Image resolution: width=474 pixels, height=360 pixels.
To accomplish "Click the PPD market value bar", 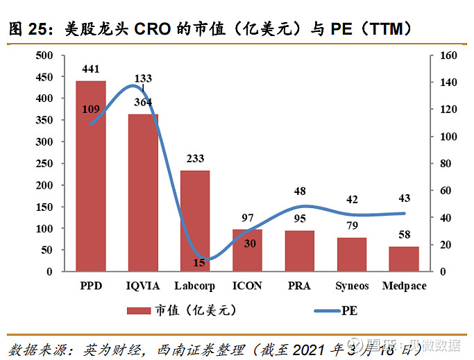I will click(91, 176).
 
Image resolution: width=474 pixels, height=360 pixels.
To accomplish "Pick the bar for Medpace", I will click(404, 259).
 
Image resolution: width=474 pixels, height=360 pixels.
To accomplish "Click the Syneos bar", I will click(352, 255).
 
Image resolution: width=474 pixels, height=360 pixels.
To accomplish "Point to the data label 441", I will click(91, 69).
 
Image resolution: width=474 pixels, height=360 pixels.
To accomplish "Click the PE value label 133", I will click(144, 78).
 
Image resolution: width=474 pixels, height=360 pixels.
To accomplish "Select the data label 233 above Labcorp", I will click(195, 158).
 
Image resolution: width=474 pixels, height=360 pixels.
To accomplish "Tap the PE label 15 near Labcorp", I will click(199, 262).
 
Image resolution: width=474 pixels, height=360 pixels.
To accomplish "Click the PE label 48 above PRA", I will click(300, 191).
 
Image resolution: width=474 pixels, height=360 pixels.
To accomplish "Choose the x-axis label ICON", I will click(247, 286).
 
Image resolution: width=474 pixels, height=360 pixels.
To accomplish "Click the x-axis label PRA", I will click(299, 286).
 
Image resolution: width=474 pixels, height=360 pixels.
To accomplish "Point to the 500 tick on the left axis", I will click(44, 55).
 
